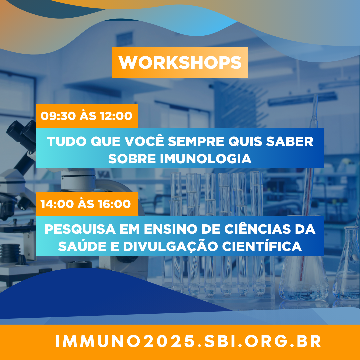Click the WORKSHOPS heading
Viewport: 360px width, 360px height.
click(180, 62)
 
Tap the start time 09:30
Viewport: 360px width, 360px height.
click(58, 116)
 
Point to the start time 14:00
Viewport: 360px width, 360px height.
click(57, 204)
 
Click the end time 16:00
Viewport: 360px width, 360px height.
click(114, 204)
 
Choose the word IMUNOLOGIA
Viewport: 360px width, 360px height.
click(206, 159)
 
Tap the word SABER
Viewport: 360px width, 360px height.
click(290, 141)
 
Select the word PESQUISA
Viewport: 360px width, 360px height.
click(80, 229)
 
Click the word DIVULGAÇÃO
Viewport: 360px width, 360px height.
click(170, 246)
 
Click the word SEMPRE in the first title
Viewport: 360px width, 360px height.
click(196, 141)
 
